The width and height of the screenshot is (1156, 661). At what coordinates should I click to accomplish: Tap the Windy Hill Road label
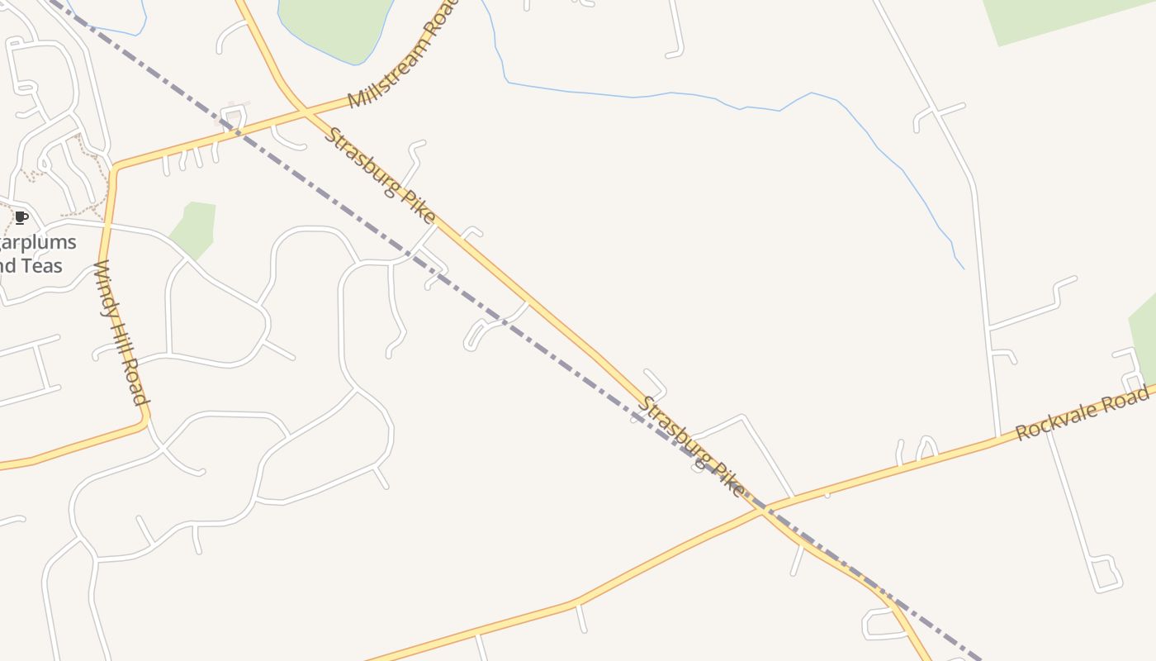click(121, 332)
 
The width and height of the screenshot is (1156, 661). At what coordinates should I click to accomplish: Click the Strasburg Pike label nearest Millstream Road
click(379, 174)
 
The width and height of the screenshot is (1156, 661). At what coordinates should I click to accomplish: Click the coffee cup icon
click(21, 218)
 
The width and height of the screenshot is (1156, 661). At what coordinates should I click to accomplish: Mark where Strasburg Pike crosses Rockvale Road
click(762, 508)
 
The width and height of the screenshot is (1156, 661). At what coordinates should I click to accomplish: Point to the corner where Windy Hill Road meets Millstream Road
click(116, 168)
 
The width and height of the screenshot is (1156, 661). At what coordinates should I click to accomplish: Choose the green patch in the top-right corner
click(1065, 17)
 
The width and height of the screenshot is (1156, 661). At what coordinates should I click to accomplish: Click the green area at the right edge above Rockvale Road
click(1146, 339)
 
